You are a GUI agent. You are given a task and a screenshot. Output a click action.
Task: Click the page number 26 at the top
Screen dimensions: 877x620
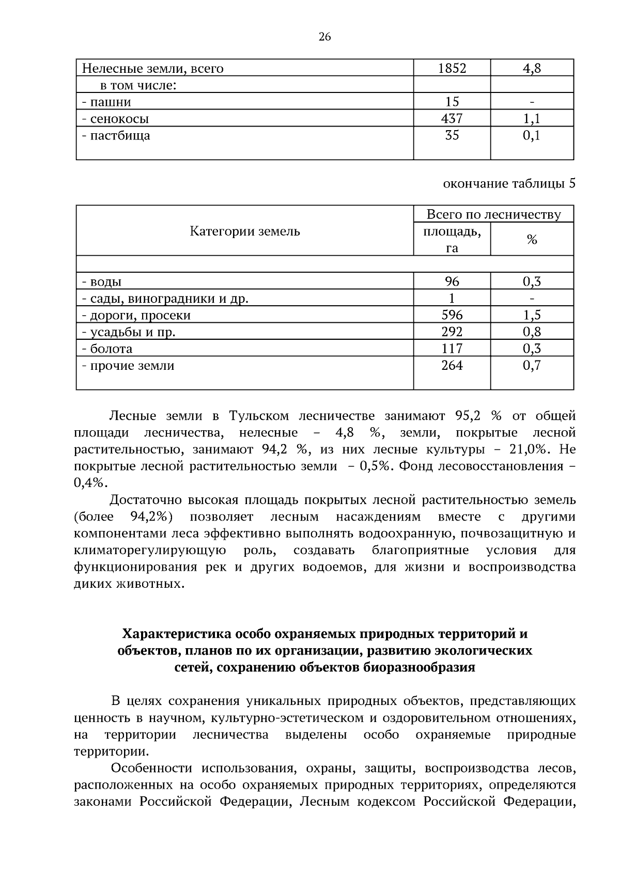coord(324,37)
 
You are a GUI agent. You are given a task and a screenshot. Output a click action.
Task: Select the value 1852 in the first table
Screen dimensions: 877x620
coord(452,68)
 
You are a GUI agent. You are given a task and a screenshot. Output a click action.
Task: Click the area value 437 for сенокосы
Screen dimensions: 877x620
coord(452,119)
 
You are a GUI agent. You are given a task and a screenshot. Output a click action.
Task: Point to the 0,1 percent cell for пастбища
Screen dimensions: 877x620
coord(532,136)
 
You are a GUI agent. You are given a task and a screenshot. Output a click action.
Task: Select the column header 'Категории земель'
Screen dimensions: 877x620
coord(245,231)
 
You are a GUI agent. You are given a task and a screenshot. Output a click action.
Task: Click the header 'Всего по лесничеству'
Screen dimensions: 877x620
coord(493,214)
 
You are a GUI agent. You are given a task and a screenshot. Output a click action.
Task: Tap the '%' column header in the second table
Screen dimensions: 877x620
coord(532,240)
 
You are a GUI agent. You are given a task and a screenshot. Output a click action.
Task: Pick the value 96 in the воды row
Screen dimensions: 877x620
coord(452,281)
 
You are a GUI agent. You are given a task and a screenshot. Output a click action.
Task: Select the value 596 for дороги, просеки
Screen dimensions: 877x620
coord(452,315)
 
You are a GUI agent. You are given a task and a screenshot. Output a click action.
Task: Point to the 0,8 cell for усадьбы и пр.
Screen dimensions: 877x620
coord(532,332)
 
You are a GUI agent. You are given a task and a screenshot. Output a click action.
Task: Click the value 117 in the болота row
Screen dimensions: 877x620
coord(452,349)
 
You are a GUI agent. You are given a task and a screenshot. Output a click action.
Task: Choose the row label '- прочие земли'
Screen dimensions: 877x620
coord(128,366)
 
